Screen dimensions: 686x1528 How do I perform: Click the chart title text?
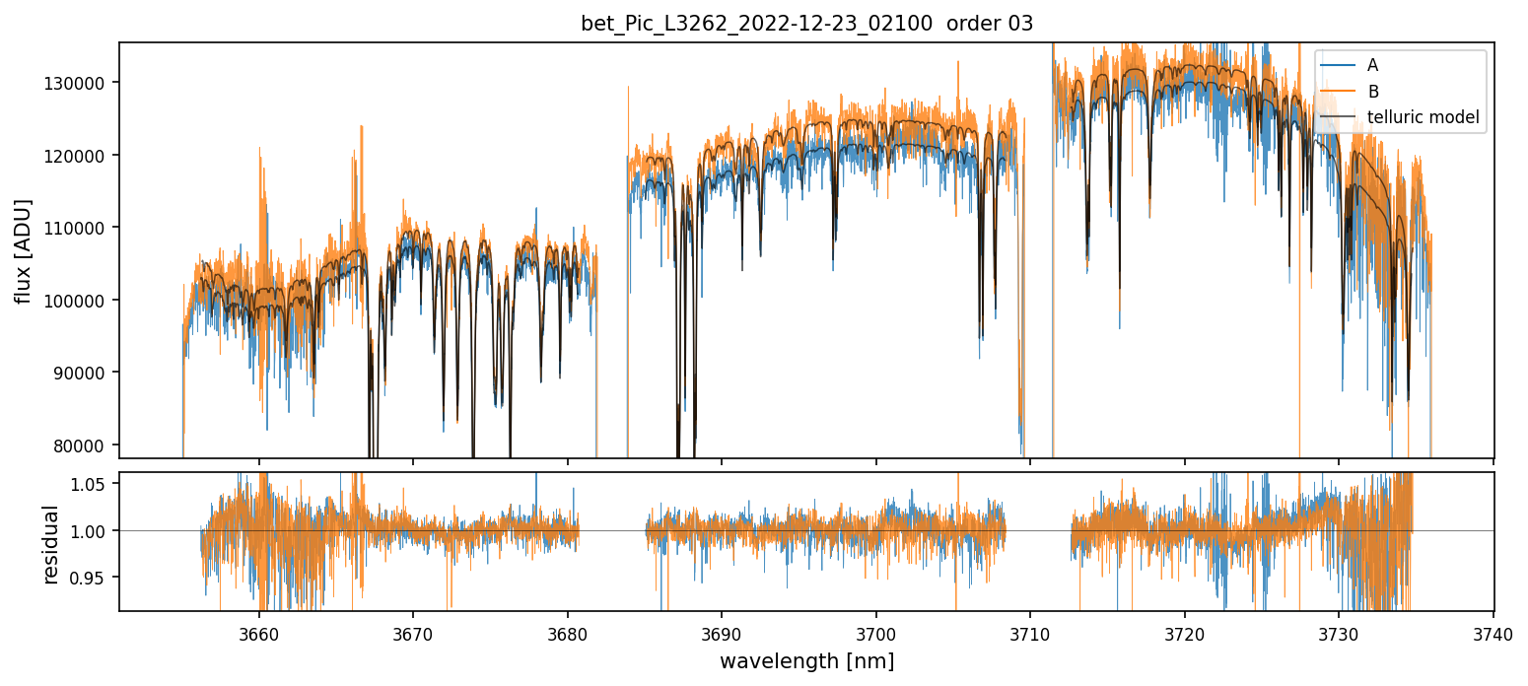[806, 24]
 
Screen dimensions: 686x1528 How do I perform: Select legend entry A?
[1372, 65]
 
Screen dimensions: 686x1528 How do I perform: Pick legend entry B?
[1372, 91]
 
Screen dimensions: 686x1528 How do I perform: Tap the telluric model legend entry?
[1424, 116]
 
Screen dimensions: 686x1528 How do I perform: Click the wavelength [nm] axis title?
[806, 661]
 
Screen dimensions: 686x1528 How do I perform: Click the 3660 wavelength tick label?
[259, 633]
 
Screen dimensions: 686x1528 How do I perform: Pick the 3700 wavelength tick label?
[876, 633]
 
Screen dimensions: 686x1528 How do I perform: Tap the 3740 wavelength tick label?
[1493, 633]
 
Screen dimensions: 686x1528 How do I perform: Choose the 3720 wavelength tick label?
[1185, 633]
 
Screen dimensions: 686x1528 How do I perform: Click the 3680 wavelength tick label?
[568, 633]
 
